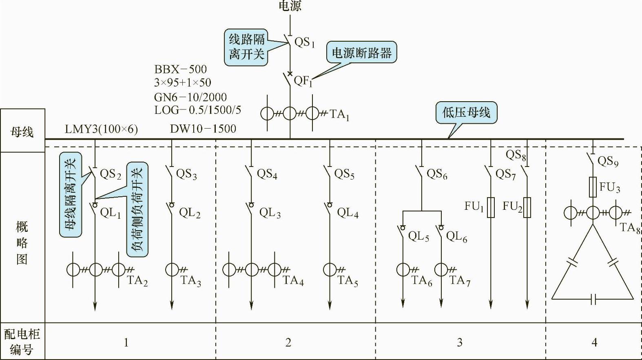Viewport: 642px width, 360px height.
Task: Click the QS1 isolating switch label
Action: click(x=305, y=42)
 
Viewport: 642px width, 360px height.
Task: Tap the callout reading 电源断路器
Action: click(x=361, y=53)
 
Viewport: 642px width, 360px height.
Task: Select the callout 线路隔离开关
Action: click(x=246, y=47)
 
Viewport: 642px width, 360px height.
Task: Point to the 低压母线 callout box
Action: click(x=466, y=112)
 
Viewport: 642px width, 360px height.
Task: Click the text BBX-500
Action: click(x=180, y=69)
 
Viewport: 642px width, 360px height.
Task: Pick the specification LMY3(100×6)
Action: click(x=101, y=129)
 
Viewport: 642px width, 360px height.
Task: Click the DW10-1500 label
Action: click(x=203, y=129)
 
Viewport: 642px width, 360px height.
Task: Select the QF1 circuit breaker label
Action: click(x=303, y=81)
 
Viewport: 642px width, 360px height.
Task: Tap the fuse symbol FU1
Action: click(x=491, y=207)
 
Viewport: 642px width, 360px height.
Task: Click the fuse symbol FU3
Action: click(x=593, y=187)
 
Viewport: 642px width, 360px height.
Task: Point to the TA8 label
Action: click(x=630, y=227)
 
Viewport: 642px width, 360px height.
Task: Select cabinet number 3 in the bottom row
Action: click(x=460, y=342)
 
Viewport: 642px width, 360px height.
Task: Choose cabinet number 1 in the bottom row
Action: click(x=126, y=342)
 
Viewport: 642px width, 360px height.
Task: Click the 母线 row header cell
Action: click(x=22, y=131)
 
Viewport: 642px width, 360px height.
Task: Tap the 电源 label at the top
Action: click(x=290, y=6)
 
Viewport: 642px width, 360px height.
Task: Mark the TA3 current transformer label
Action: click(x=191, y=281)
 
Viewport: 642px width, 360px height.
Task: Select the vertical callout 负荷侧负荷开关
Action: click(x=137, y=209)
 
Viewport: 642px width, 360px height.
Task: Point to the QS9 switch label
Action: click(x=608, y=161)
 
